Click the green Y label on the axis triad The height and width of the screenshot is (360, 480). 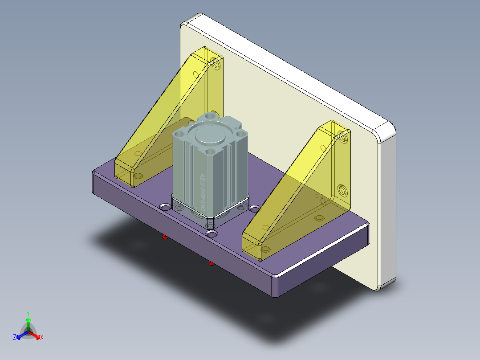(x=28, y=313)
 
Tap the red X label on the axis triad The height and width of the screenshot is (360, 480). (x=42, y=337)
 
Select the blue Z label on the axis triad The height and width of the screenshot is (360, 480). (x=15, y=337)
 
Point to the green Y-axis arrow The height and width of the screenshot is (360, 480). (x=28, y=323)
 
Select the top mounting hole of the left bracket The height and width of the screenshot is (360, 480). (x=217, y=65)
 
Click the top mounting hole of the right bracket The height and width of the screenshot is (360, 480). (x=343, y=137)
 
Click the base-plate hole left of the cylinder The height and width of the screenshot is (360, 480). (x=165, y=207)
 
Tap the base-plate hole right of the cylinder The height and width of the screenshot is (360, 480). (x=255, y=209)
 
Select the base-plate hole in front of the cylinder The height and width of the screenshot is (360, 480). (x=212, y=233)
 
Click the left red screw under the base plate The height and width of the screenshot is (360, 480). (x=165, y=237)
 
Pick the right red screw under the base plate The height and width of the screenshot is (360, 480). (x=212, y=263)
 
